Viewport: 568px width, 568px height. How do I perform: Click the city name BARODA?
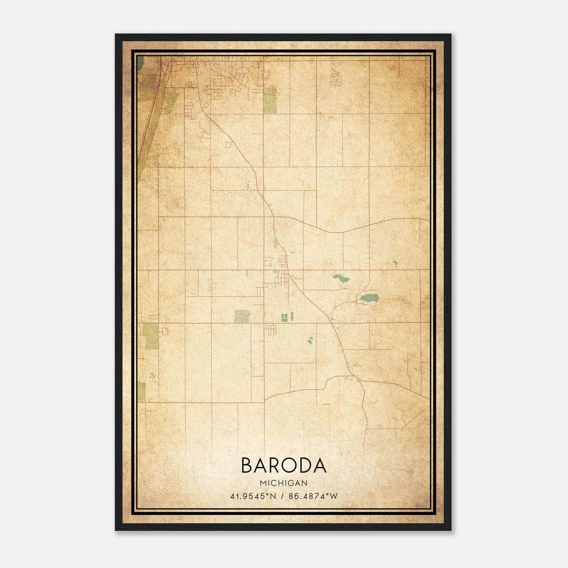pyautogui.click(x=284, y=465)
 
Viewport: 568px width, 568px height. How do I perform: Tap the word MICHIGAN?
pyautogui.click(x=284, y=483)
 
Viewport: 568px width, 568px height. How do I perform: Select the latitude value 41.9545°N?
pyautogui.click(x=253, y=496)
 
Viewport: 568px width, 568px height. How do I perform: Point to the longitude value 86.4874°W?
pyautogui.click(x=313, y=496)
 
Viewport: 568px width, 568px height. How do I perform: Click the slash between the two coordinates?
pyautogui.click(x=283, y=496)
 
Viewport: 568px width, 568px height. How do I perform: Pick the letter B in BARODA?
pyautogui.click(x=247, y=465)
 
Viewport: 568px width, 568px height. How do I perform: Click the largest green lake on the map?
pyautogui.click(x=370, y=297)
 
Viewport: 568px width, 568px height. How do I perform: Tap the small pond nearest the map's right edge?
pyautogui.click(x=395, y=263)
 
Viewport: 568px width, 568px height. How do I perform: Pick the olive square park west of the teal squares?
pyautogui.click(x=242, y=316)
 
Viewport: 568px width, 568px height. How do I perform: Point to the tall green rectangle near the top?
pyautogui.click(x=270, y=100)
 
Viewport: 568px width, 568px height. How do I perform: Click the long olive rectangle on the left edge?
pyautogui.click(x=152, y=336)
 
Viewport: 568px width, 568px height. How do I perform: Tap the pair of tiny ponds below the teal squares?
pyautogui.click(x=310, y=341)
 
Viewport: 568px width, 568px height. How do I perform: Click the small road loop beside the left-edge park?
pyautogui.click(x=165, y=332)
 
